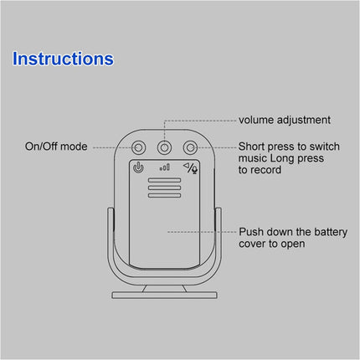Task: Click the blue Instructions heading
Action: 64,59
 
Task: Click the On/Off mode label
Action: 56,147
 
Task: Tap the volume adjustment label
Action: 285,121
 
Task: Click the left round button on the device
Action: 138,148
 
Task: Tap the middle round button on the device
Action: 164,148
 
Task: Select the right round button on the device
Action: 190,148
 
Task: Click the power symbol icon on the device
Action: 138,168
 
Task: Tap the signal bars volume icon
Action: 164,168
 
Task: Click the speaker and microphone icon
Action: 191,168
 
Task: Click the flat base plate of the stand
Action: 164,296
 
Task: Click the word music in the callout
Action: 253,157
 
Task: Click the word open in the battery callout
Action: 292,244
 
